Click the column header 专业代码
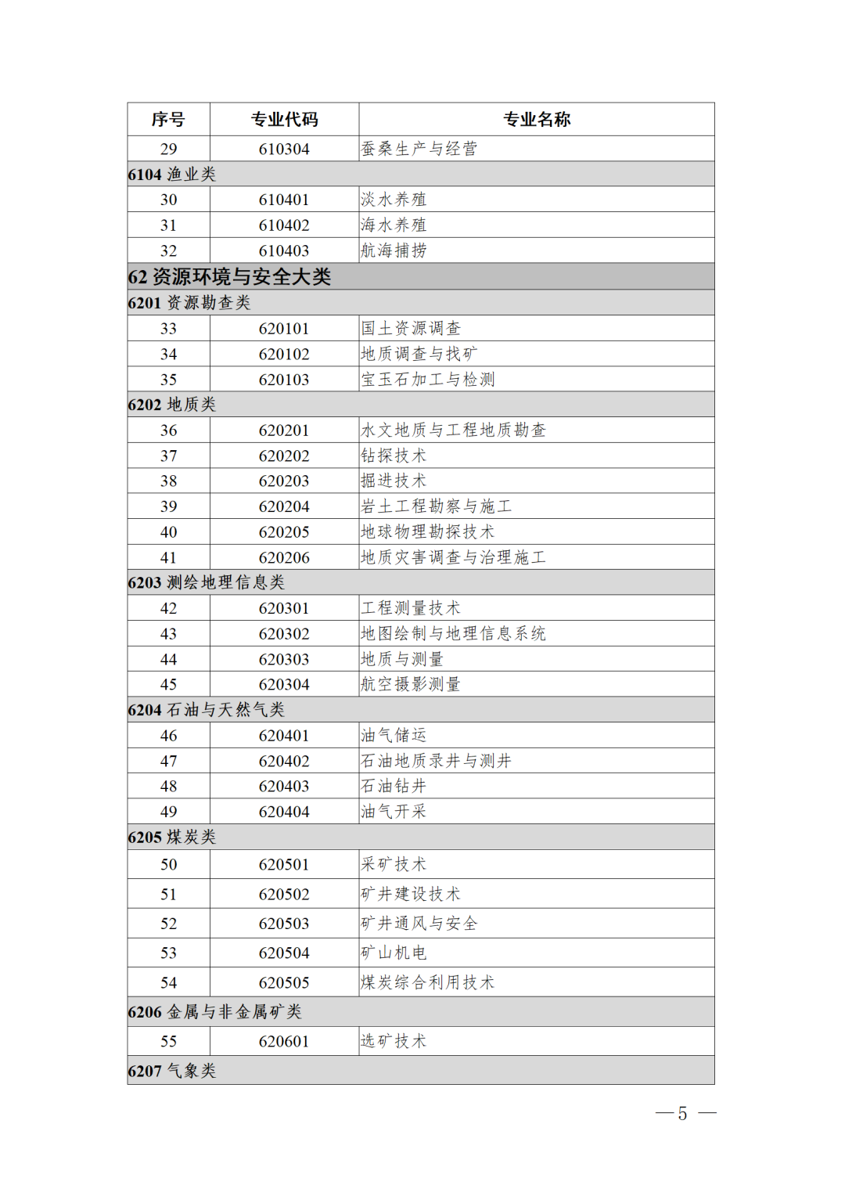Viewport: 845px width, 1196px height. [284, 120]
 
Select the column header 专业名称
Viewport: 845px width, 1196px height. [536, 120]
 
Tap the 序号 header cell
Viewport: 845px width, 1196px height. [168, 120]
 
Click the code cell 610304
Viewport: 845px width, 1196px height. [284, 149]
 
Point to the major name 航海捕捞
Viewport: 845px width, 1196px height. [394, 250]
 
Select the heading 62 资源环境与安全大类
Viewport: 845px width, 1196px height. [229, 277]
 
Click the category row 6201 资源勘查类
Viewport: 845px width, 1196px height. [189, 303]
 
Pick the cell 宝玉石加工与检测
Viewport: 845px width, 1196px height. [427, 380]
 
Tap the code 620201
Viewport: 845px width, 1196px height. [284, 430]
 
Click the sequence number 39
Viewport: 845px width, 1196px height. [168, 506]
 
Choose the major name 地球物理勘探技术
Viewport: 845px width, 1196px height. [427, 532]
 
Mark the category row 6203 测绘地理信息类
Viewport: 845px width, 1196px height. [207, 582]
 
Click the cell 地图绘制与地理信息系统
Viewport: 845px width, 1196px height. [453, 634]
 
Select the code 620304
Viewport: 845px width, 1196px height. [284, 685]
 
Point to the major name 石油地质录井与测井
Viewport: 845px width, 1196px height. [436, 761]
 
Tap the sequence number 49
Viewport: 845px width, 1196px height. [168, 812]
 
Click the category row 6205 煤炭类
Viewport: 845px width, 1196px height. [172, 838]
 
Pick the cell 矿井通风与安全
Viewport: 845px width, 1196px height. [419, 924]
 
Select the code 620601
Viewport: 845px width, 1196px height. [284, 1042]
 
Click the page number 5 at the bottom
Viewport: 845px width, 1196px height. [682, 1114]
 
